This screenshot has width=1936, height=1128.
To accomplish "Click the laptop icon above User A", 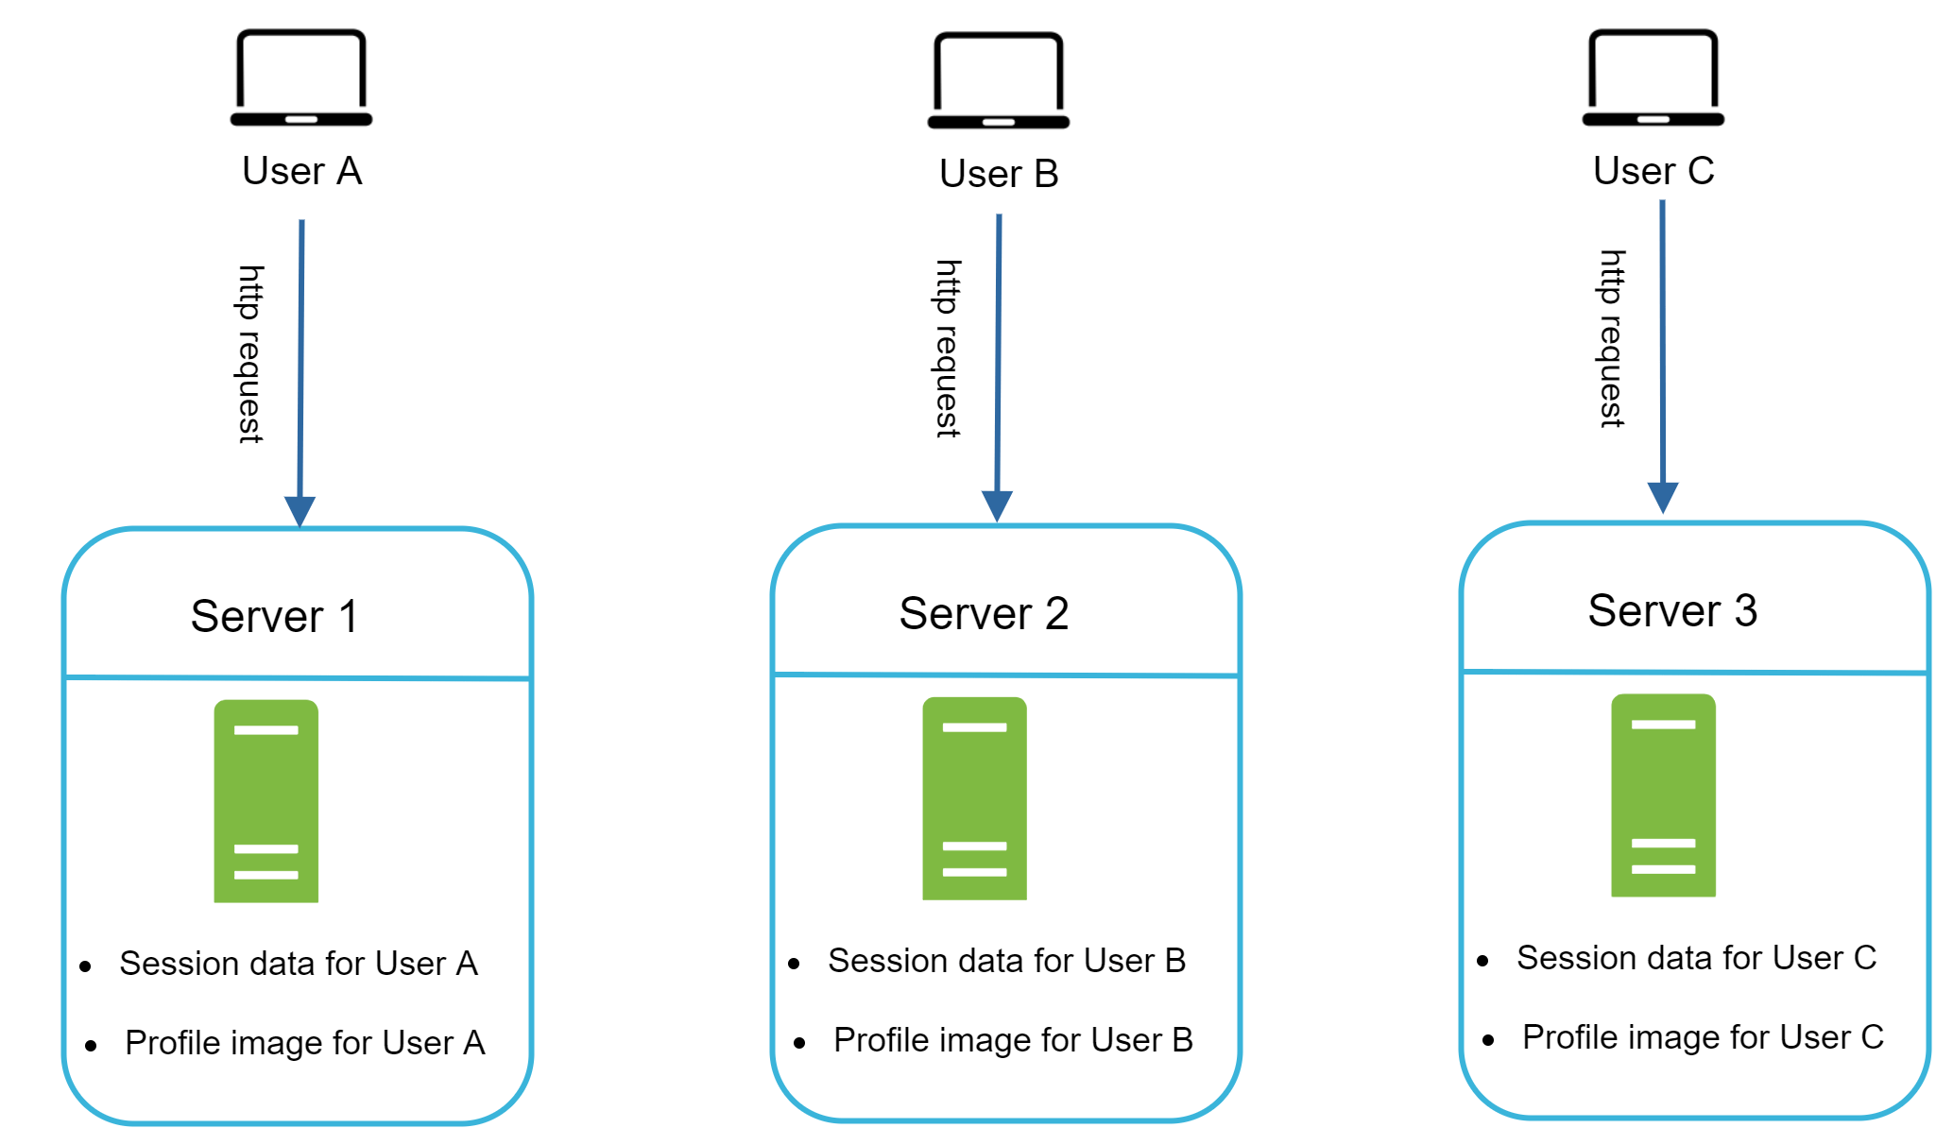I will tap(300, 77).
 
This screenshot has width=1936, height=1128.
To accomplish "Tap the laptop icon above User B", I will tap(998, 80).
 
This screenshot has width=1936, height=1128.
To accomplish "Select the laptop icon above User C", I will tap(1653, 77).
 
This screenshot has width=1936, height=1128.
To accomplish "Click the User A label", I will tap(301, 171).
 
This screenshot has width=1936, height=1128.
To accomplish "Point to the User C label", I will tap(1653, 171).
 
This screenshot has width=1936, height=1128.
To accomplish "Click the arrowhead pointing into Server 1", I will tap(300, 511).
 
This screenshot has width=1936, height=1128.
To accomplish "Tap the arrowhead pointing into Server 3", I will tap(1662, 497).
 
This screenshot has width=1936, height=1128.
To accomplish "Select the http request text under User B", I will tap(948, 349).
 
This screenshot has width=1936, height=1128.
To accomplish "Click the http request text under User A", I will tap(249, 354).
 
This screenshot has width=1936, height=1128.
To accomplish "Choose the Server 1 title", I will tap(274, 617).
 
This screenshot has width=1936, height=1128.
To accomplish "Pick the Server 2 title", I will tap(984, 614).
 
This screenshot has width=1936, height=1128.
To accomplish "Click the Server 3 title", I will tap(1672, 611).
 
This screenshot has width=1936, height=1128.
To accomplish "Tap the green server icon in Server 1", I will tap(266, 801).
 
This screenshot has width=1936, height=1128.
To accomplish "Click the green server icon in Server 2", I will tap(974, 798).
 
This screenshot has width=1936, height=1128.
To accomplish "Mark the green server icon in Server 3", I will tap(1663, 795).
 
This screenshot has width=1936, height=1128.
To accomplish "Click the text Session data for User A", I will tap(299, 964).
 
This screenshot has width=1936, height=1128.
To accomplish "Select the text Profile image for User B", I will tap(1013, 1040).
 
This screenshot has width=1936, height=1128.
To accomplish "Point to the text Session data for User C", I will tap(1696, 958).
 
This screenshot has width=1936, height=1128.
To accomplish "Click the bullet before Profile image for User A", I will tap(91, 1045).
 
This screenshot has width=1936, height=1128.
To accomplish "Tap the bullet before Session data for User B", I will tap(794, 964).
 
